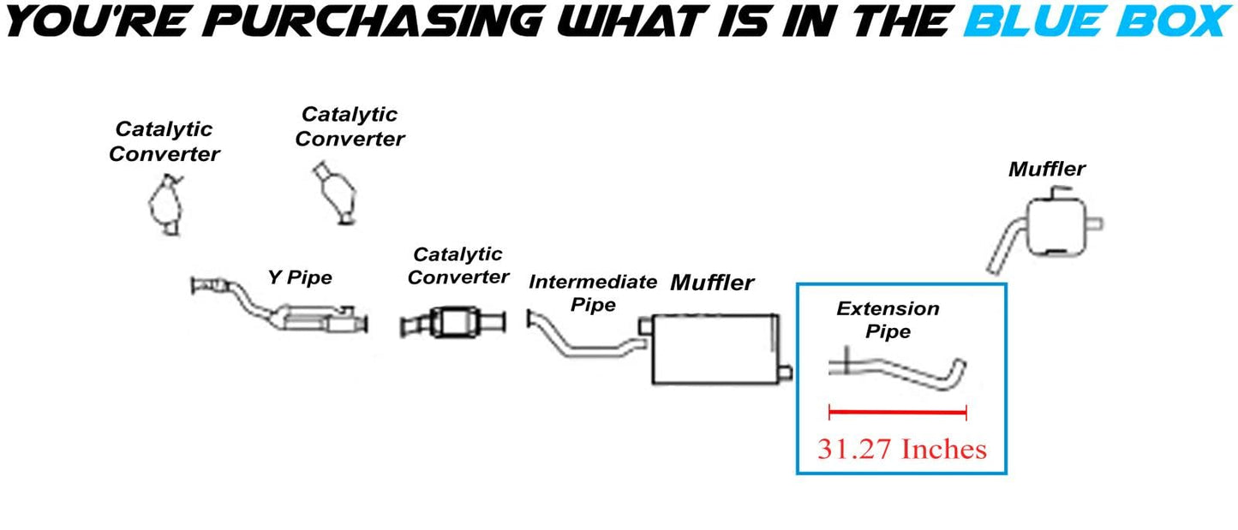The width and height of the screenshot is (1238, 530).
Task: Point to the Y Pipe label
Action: click(299, 277)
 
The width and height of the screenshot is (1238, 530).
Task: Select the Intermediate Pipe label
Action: click(592, 293)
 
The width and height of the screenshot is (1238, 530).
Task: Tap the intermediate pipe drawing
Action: click(583, 342)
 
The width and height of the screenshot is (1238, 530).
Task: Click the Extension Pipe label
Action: click(888, 319)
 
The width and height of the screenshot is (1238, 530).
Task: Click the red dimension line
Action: click(897, 413)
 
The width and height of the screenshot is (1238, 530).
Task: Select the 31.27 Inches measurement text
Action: click(901, 449)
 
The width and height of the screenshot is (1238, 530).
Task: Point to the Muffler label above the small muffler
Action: click(1047, 169)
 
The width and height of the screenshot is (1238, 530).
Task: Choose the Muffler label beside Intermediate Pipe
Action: click(712, 283)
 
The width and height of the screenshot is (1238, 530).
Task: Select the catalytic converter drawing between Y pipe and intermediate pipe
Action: click(454, 324)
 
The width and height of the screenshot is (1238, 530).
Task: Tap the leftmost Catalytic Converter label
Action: click(164, 141)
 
